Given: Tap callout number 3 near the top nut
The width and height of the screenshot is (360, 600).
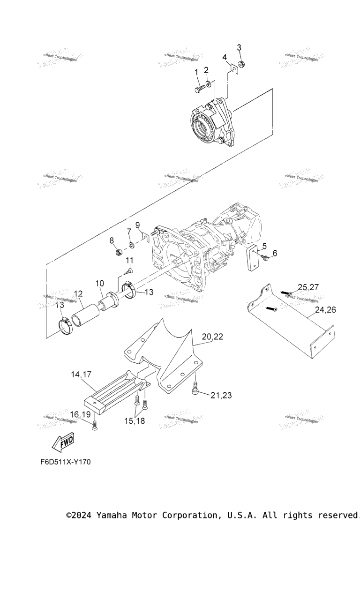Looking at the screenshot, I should (x=239, y=47).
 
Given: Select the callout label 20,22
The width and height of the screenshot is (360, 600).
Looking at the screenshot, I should (x=212, y=336).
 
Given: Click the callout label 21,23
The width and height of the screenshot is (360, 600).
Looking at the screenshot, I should (x=221, y=395).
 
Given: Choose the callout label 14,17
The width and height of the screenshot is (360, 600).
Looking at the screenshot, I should (x=81, y=375).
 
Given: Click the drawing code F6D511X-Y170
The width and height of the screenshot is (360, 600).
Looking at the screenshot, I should (x=65, y=462).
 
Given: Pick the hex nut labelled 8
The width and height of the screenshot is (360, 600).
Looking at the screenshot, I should (x=119, y=253).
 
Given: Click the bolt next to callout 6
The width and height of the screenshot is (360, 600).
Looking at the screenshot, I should (x=264, y=257).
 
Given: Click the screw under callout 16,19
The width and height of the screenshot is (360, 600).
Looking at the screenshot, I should (x=95, y=426).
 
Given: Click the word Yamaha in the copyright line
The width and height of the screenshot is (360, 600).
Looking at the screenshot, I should (x=114, y=515).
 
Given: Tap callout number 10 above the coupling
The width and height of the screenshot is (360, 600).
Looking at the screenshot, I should (x=99, y=284).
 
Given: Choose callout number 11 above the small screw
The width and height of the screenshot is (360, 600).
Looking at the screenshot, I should (x=129, y=260).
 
